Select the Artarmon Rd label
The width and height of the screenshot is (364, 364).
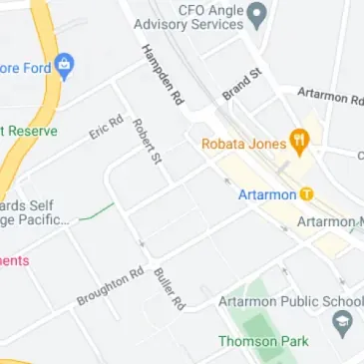(x=329, y=97)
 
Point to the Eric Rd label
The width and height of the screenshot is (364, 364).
(x=105, y=128)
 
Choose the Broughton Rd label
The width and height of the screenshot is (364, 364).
(x=111, y=286)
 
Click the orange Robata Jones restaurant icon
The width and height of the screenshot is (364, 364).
(x=297, y=142)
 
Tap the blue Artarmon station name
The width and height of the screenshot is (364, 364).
(x=267, y=193)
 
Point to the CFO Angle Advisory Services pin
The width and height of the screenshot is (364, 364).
(x=257, y=14)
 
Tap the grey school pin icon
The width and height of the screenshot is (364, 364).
(x=344, y=322)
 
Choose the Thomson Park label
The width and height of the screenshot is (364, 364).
(x=263, y=341)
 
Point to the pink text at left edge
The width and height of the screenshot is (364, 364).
(x=14, y=260)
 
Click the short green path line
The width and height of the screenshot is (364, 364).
(x=97, y=211)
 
